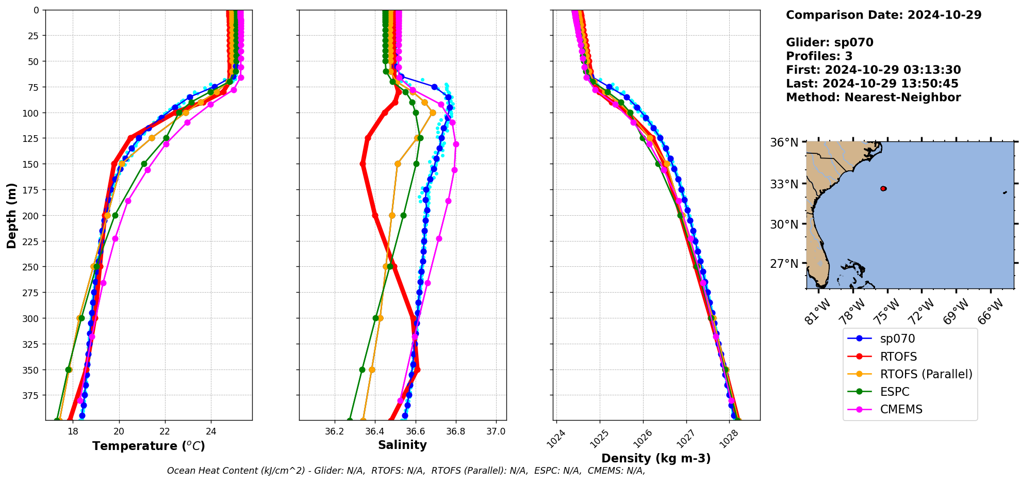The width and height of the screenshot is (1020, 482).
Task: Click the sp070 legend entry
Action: pos(897,339)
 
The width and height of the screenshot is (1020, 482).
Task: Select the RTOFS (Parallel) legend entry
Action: pos(926,374)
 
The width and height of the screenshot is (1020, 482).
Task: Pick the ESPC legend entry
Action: pos(895,392)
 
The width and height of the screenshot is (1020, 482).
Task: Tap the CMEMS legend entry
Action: pos(901,409)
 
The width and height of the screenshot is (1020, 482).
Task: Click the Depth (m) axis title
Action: pos(11,215)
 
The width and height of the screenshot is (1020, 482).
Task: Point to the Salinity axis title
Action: pos(402,445)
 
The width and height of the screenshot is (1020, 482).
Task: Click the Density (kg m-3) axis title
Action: pos(656,458)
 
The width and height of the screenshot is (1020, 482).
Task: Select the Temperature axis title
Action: pos(149,446)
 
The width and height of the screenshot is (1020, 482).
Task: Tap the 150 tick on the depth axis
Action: pos(32,164)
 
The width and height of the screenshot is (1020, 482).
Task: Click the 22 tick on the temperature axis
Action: pos(165,431)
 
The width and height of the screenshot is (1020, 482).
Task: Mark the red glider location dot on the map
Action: pos(883,189)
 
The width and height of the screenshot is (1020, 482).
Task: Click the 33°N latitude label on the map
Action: pos(784,184)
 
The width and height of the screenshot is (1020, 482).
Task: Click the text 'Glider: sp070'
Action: pos(829,42)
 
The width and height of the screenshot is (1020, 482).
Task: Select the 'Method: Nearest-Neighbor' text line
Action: pos(873,98)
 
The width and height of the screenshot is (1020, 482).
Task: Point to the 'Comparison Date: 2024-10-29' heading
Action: pos(883,15)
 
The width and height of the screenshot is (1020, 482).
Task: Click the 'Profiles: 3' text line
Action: pos(819,56)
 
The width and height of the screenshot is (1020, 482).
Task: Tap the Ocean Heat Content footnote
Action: pos(406,471)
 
